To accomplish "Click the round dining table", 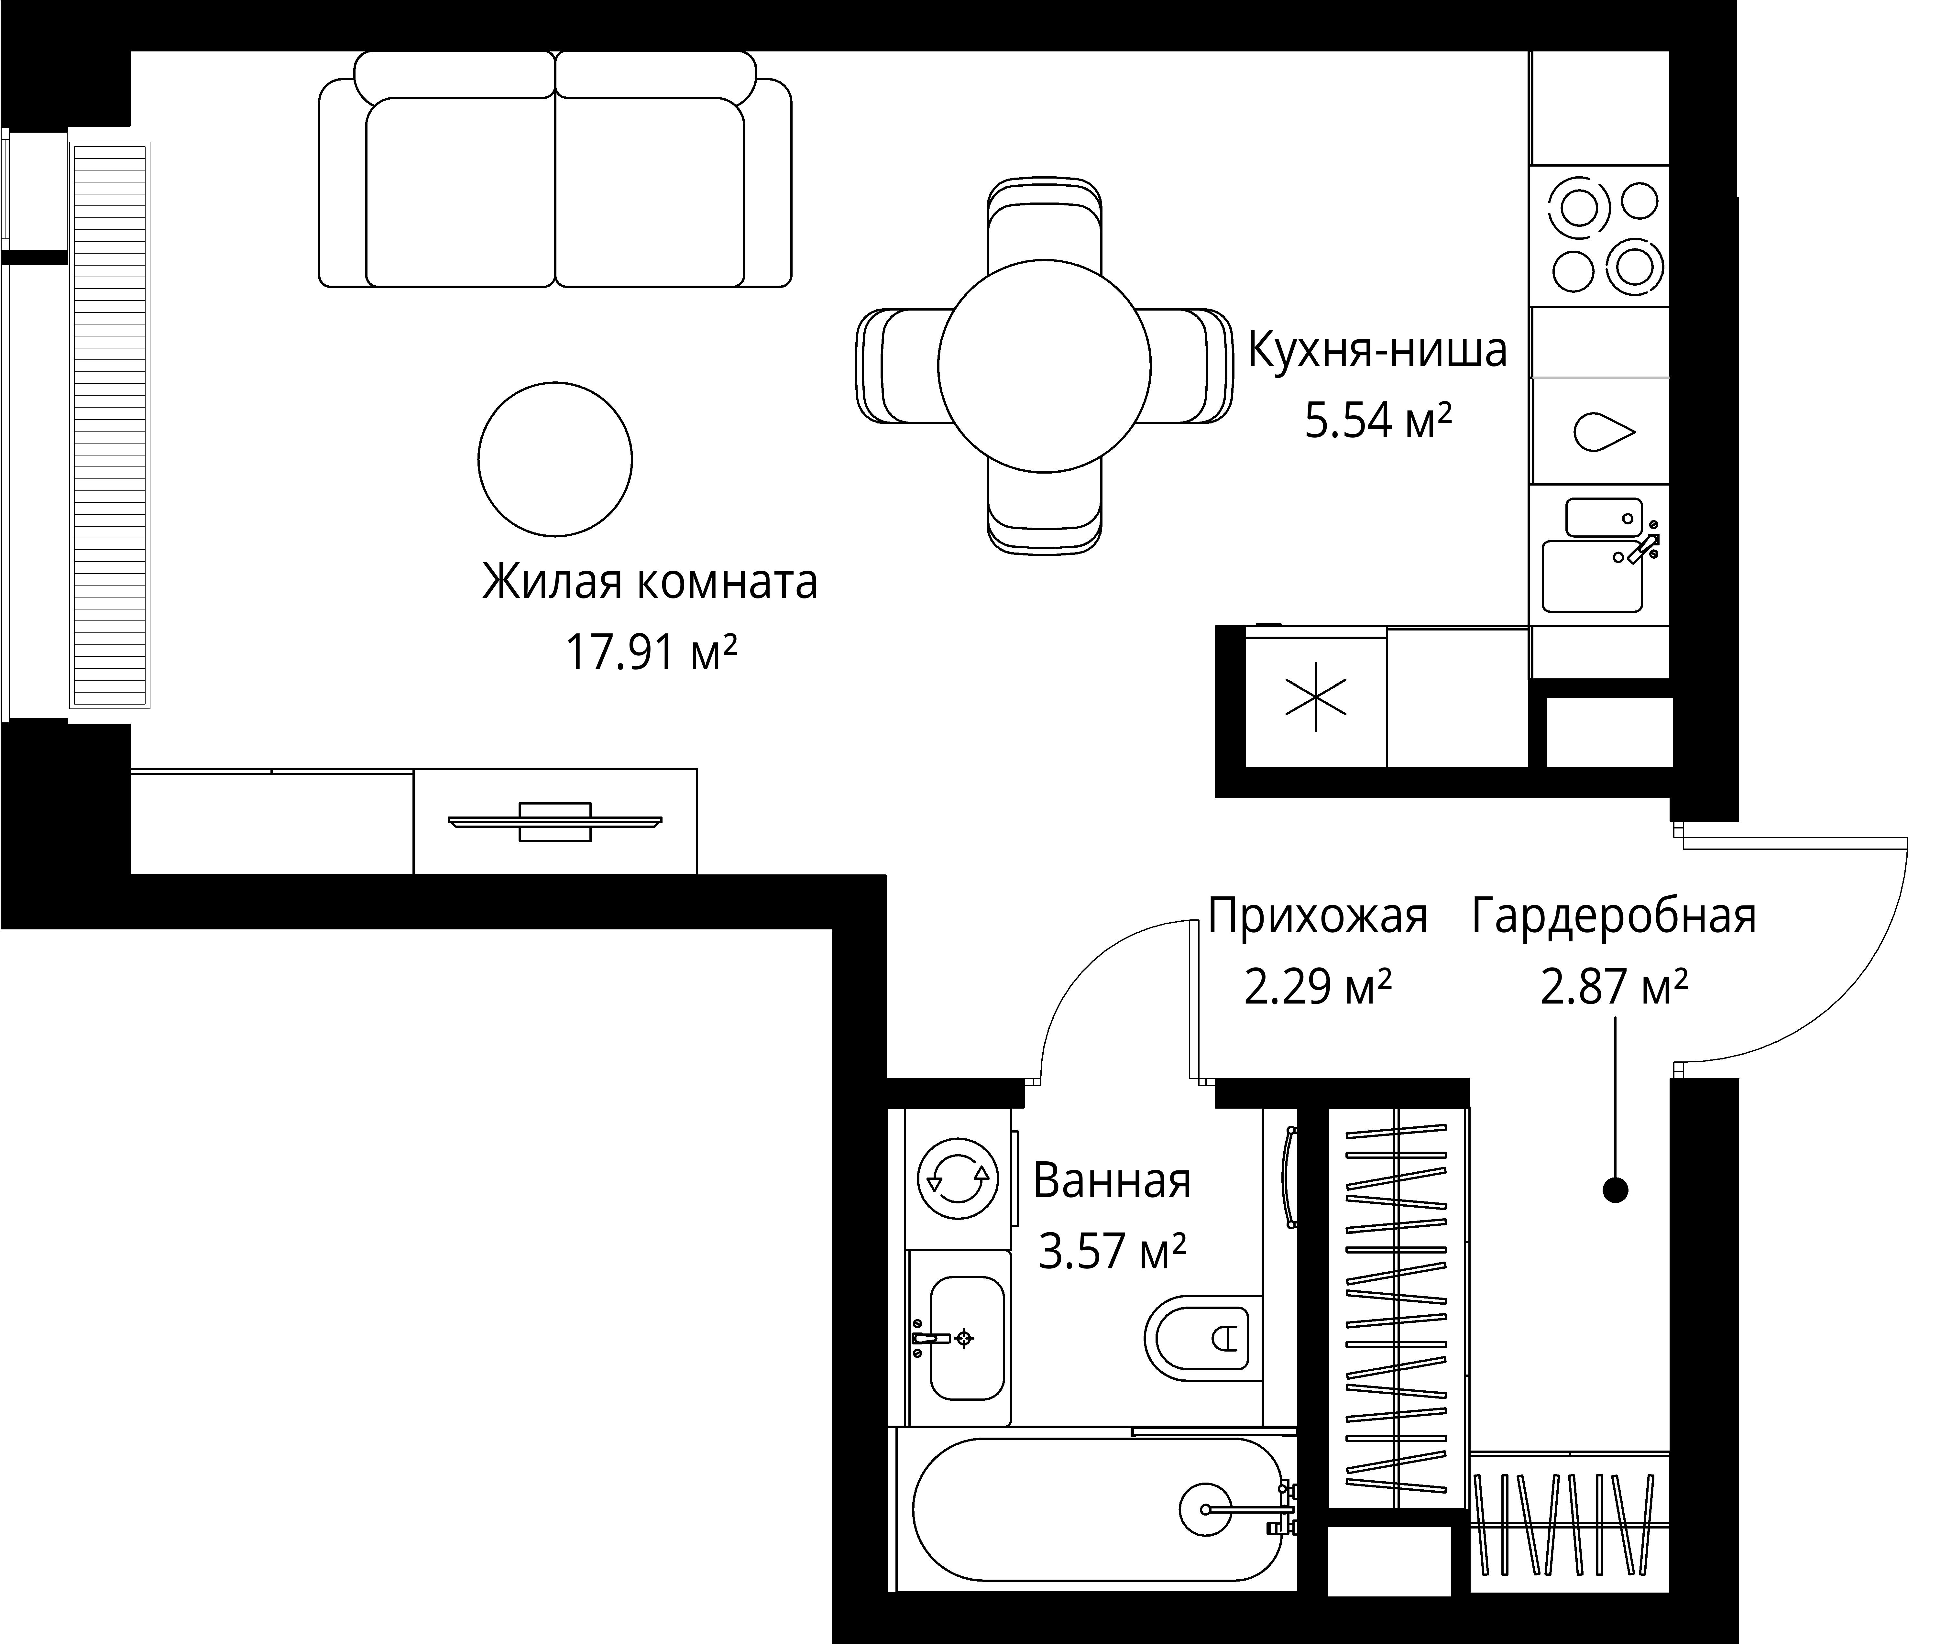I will pyautogui.click(x=1044, y=365).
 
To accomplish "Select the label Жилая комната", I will pyautogui.click(x=650, y=582).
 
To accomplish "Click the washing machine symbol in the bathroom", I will pyautogui.click(x=957, y=1179).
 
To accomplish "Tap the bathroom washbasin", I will pyautogui.click(x=966, y=1338).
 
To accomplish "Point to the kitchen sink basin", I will pyautogui.click(x=1592, y=576).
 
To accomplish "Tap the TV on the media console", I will pyautogui.click(x=554, y=821).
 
